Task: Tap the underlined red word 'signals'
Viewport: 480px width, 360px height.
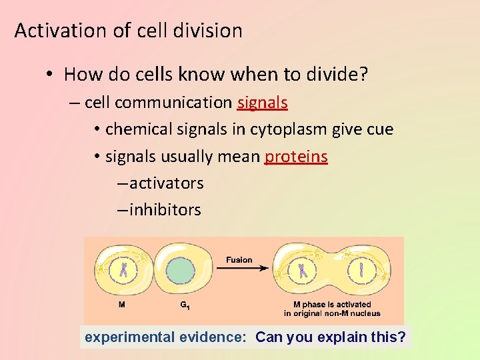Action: pyautogui.click(x=262, y=103)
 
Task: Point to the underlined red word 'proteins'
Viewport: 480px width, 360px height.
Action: pyautogui.click(x=296, y=156)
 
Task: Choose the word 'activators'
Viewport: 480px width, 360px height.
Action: pyautogui.click(x=166, y=183)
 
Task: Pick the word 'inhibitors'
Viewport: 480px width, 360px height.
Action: pyautogui.click(x=165, y=209)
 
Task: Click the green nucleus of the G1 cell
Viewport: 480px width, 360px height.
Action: pyautogui.click(x=179, y=271)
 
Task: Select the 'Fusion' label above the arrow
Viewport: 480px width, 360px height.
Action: pyautogui.click(x=239, y=259)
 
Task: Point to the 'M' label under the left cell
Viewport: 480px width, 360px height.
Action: pyautogui.click(x=121, y=305)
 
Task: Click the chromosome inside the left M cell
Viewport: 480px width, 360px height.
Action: pyautogui.click(x=123, y=270)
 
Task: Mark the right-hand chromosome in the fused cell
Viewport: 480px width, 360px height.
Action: pyautogui.click(x=361, y=270)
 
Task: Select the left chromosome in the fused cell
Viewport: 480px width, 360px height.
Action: pyautogui.click(x=303, y=270)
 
